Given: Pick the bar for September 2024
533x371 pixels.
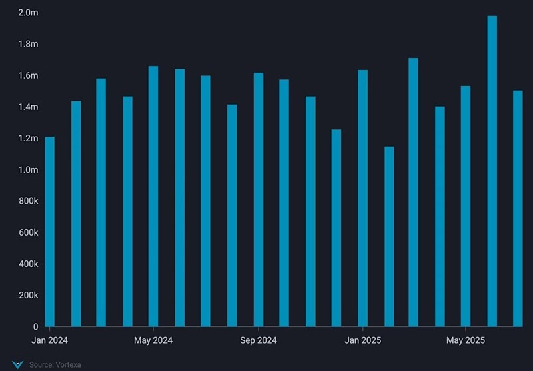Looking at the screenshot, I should (x=259, y=200).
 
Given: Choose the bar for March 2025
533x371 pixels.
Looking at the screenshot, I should (x=414, y=192).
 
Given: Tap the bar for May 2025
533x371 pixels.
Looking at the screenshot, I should (x=466, y=206).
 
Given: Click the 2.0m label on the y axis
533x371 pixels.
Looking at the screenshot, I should (x=28, y=13).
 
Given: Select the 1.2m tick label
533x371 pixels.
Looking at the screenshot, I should (x=28, y=139).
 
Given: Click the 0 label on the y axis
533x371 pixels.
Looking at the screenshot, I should (x=35, y=327).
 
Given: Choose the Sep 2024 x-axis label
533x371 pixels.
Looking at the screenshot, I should (x=259, y=341).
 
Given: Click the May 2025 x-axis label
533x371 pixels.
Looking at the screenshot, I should (x=466, y=341).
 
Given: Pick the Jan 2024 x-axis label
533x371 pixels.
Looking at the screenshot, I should (x=49, y=341).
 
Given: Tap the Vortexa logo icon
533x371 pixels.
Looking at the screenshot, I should (x=17, y=364).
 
